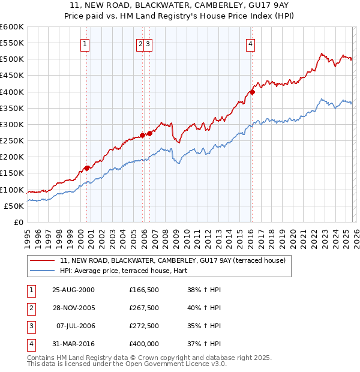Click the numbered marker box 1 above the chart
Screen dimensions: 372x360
click(85, 43)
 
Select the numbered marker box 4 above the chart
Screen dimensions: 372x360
click(250, 43)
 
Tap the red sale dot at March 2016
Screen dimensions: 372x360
click(252, 92)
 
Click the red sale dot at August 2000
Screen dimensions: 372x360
click(87, 168)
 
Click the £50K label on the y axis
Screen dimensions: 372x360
click(14, 206)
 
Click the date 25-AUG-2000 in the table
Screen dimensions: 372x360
click(73, 289)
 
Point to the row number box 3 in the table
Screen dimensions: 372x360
click(29, 326)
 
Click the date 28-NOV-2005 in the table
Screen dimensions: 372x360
click(73, 308)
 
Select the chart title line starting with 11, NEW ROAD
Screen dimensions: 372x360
click(179, 7)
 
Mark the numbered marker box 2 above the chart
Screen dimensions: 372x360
click(140, 43)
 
